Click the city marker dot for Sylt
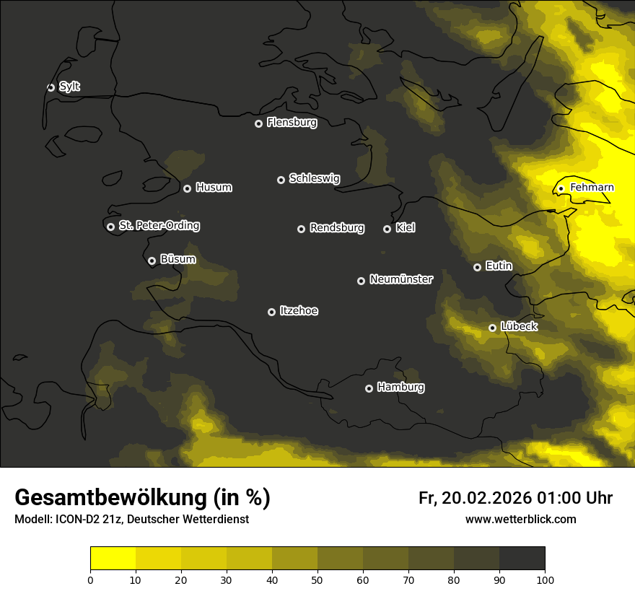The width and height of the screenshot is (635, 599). pyautogui.click(x=51, y=87)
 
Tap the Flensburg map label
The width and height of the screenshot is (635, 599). pyautogui.click(x=292, y=123)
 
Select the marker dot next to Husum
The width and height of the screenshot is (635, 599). pyautogui.click(x=187, y=188)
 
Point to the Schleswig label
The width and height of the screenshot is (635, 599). pyautogui.click(x=314, y=178)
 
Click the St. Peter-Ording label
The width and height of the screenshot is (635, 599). pyautogui.click(x=159, y=226)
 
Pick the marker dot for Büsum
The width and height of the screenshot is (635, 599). pyautogui.click(x=152, y=261)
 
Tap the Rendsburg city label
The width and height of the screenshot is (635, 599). pyautogui.click(x=337, y=228)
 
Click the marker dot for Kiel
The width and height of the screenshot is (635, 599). pyautogui.click(x=387, y=229)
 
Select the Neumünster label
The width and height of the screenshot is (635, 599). pyautogui.click(x=401, y=279)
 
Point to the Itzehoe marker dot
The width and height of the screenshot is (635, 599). pyautogui.click(x=271, y=312)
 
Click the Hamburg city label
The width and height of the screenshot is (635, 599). pyautogui.click(x=400, y=388)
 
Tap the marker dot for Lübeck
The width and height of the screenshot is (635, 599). pyautogui.click(x=492, y=328)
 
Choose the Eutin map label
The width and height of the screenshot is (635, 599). pyautogui.click(x=499, y=266)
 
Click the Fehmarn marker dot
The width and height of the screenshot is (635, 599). pyautogui.click(x=561, y=188)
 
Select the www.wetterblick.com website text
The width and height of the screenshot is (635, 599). pyautogui.click(x=520, y=520)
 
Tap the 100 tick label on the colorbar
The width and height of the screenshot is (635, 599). pyautogui.click(x=545, y=579)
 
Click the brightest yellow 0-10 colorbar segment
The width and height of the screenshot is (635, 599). pyautogui.click(x=113, y=558)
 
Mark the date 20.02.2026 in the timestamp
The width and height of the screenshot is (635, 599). pyautogui.click(x=488, y=498)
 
